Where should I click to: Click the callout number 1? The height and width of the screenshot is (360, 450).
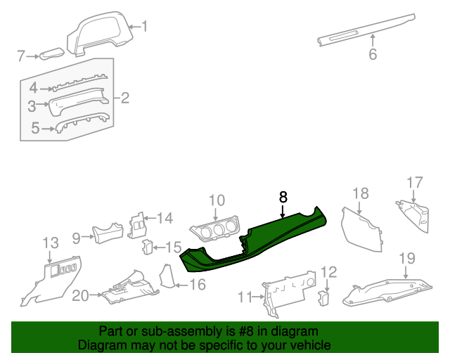coord(145,27)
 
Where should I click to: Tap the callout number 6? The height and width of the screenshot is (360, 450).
coord(373,54)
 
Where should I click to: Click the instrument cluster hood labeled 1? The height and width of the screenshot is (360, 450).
coord(102,35)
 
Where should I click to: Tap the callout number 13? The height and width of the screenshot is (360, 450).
coord(51,243)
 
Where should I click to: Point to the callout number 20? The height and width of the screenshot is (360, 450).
coord(80,296)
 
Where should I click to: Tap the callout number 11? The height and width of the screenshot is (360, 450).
coord(244,297)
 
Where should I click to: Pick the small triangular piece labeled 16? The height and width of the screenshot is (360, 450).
coord(167,276)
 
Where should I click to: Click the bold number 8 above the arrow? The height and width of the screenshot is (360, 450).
coord(283,198)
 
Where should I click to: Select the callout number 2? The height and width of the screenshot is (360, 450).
coord(125,98)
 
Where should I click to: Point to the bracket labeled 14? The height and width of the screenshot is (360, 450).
coord(139,226)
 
